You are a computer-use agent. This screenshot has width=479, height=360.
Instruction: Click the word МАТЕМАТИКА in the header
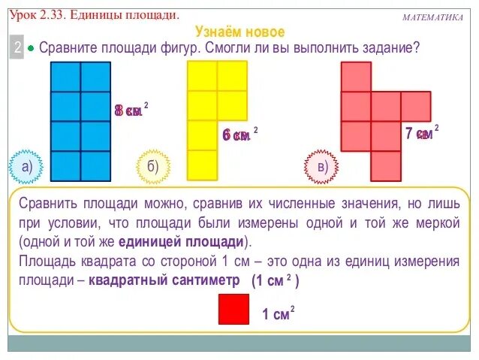pos(432,17)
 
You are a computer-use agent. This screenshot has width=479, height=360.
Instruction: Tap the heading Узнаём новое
pos(239,32)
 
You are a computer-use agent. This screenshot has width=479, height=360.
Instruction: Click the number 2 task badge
pos(17,48)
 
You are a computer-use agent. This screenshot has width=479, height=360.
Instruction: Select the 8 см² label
pos(129,110)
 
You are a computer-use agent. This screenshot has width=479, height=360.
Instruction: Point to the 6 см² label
pos(238,135)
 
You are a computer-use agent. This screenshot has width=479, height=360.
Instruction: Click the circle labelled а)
pos(26,167)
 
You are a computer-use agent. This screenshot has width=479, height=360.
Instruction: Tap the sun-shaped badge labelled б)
pos(152,167)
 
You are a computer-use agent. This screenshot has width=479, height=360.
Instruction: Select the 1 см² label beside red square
pos(277,314)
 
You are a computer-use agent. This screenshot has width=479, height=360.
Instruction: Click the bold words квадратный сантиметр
pos(164,280)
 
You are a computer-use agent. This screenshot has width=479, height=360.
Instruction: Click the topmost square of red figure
pos(356,77)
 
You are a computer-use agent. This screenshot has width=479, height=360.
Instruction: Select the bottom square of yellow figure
pos(202,165)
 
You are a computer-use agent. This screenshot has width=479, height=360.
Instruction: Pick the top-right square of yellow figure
pos(232,76)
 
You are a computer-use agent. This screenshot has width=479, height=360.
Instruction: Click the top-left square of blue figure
pos(65,77)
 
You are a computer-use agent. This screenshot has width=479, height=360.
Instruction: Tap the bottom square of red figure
pos(386,165)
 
